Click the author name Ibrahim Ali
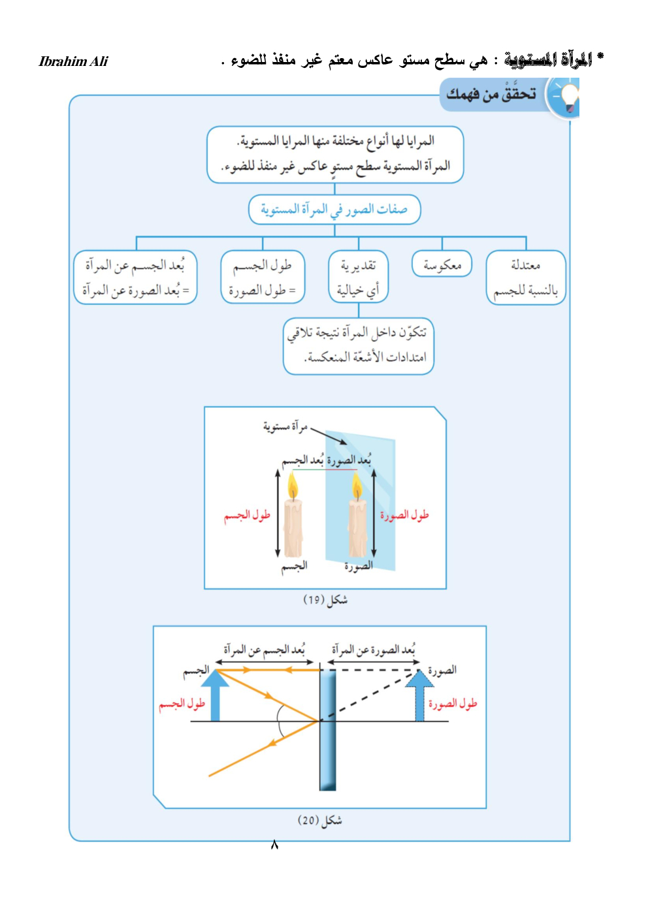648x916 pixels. click(73, 61)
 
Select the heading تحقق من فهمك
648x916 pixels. click(491, 95)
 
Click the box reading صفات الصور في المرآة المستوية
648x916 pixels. click(334, 210)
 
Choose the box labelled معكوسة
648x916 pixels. click(442, 264)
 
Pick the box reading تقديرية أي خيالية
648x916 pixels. click(358, 277)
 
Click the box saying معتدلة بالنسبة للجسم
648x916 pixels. click(525, 277)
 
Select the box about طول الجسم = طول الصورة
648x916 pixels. click(263, 277)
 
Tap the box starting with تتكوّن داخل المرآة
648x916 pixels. click(358, 345)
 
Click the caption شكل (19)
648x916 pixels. click(325, 599)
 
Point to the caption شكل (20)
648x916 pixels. click(319, 820)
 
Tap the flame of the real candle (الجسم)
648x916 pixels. click(293, 486)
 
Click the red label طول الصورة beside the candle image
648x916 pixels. click(404, 515)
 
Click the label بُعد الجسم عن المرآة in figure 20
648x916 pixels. click(264, 650)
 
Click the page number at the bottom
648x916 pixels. click(274, 845)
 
